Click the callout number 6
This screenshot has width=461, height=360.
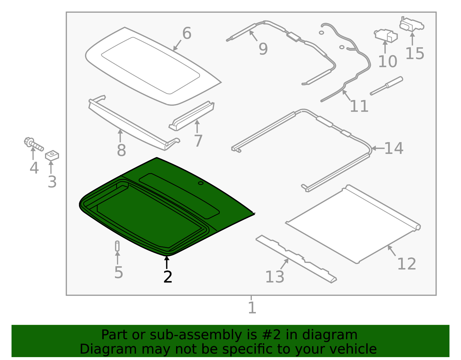[187, 33]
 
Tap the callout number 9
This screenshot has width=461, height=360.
[263, 49]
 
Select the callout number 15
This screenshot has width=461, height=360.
[415, 53]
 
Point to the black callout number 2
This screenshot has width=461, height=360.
[168, 277]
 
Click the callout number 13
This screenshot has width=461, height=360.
[275, 277]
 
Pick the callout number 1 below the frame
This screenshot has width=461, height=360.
[252, 308]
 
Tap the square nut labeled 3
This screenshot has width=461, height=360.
[52, 155]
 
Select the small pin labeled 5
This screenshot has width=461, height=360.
[117, 246]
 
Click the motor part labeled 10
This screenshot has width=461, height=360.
[386, 36]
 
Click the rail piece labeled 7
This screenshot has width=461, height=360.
[192, 116]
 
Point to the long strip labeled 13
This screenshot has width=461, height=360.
[296, 259]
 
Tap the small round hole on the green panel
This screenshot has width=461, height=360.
[201, 183]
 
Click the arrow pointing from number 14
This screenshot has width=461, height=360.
[378, 148]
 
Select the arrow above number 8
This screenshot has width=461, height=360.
[120, 135]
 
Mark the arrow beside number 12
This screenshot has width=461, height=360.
[391, 250]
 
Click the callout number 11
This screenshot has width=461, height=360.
[359, 106]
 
